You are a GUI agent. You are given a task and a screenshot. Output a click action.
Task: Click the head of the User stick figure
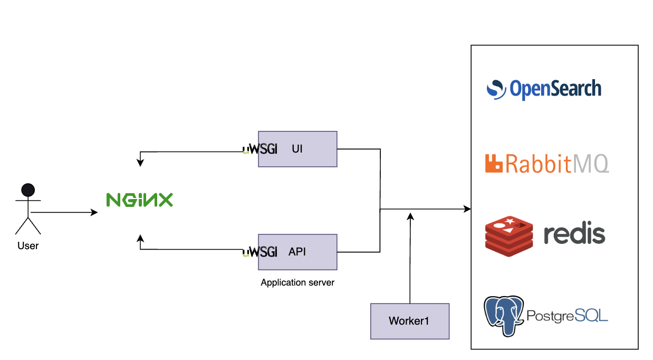click(27, 190)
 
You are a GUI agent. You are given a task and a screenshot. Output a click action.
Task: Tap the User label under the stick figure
click(28, 245)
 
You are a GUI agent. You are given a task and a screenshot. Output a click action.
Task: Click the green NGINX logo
click(139, 200)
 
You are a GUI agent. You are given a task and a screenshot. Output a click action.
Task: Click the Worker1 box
click(410, 321)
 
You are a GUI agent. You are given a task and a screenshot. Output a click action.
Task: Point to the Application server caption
click(297, 282)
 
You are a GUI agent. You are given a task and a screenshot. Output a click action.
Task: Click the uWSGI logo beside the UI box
click(260, 149)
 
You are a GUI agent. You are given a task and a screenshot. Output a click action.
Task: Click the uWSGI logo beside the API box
click(260, 252)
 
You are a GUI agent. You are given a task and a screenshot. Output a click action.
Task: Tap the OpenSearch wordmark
click(555, 89)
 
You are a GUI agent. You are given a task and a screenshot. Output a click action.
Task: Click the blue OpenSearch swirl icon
click(496, 89)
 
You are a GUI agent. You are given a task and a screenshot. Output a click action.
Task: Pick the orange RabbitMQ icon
click(494, 164)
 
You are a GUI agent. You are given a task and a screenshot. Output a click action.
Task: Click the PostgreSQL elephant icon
click(504, 316)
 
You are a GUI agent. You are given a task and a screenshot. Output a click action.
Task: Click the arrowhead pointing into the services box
click(467, 210)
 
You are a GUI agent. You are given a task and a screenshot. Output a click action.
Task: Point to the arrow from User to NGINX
click(63, 213)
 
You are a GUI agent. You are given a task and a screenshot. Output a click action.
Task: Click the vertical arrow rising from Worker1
click(410, 259)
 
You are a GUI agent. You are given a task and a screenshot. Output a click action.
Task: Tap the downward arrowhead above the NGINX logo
click(140, 163)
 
